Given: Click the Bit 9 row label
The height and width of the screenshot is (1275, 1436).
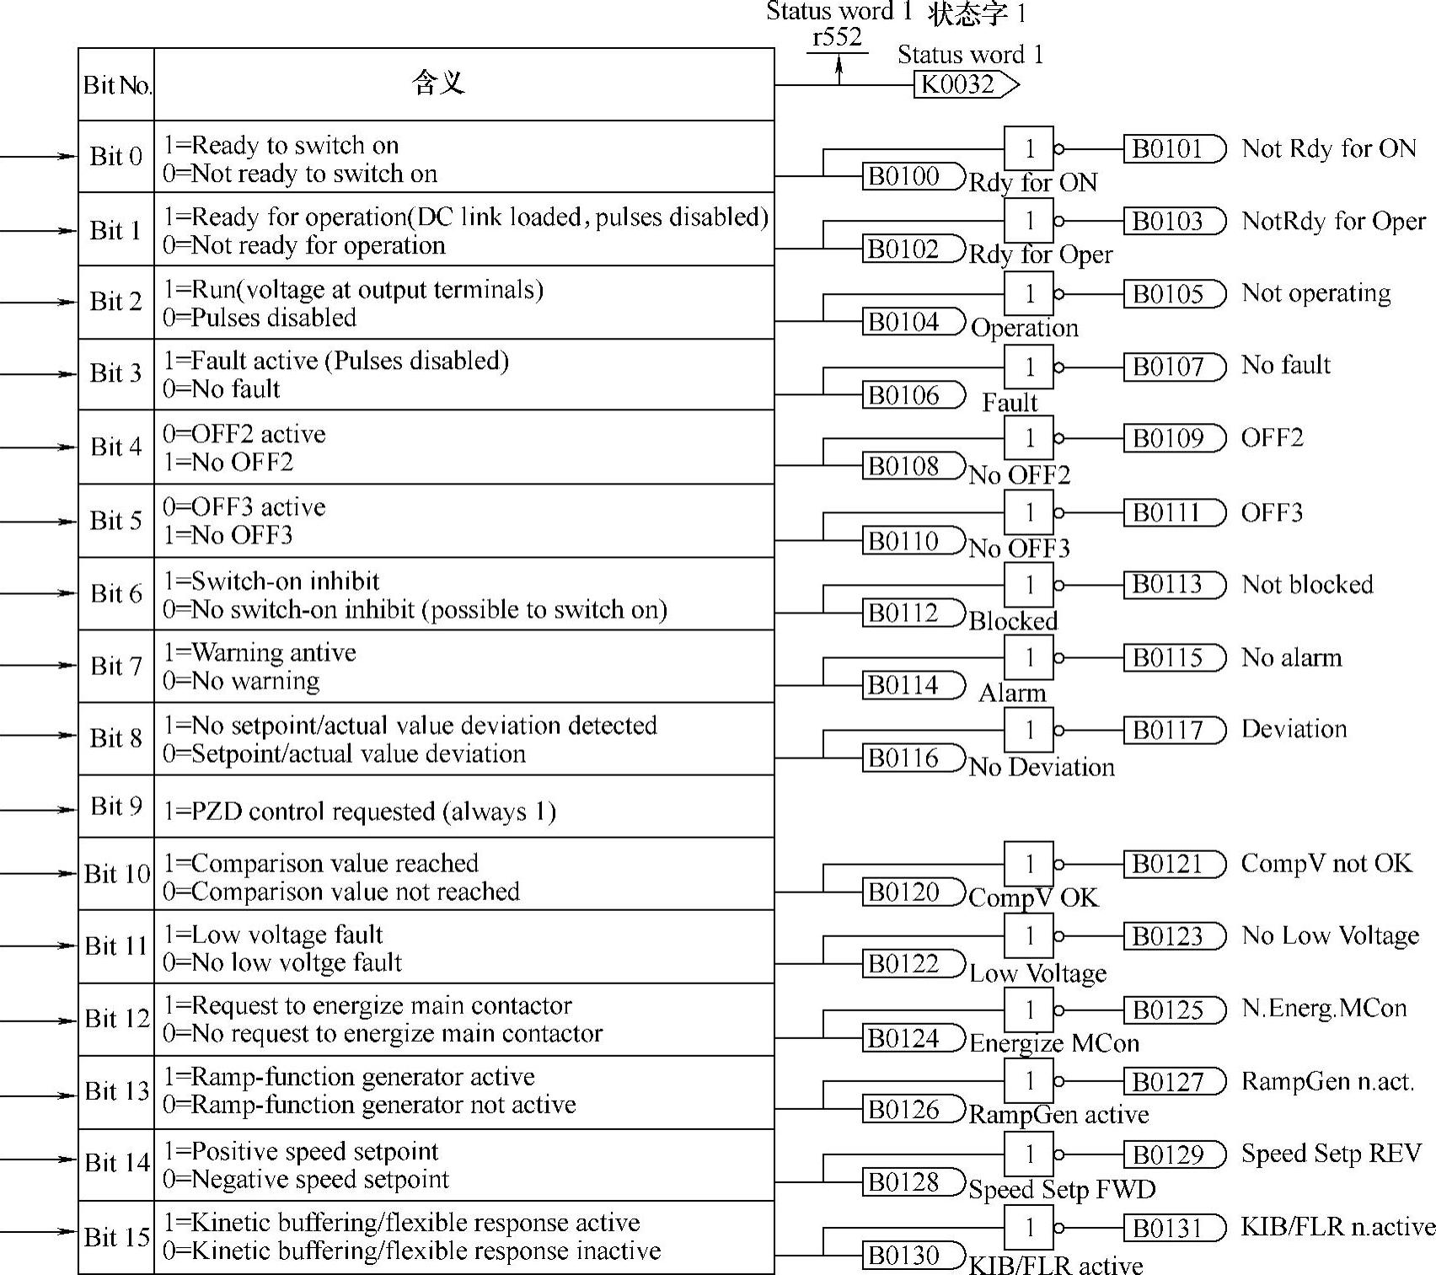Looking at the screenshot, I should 116,806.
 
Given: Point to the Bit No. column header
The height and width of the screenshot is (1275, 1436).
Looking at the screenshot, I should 116,84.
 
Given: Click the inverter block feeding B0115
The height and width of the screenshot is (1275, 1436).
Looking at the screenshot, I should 1029,657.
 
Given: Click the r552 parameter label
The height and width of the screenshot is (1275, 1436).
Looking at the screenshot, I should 837,37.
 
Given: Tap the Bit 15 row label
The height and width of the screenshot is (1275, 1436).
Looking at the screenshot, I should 116,1237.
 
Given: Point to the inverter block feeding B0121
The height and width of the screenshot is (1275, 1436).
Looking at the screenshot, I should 1029,864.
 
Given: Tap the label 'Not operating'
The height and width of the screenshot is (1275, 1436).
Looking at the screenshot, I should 1316,293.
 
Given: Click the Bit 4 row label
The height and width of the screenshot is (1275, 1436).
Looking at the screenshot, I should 116,447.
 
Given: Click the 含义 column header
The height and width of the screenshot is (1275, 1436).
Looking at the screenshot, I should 438,83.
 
